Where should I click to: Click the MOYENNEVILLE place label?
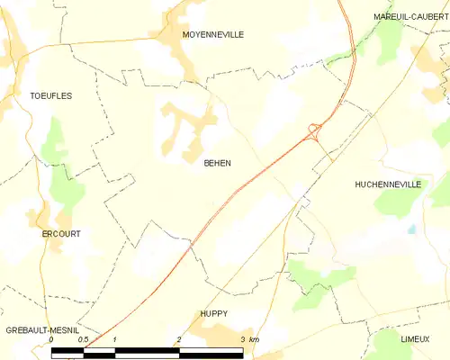pyautogui.click(x=212, y=34)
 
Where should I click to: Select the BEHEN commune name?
pyautogui.click(x=217, y=163)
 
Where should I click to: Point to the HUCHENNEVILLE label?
pyautogui.click(x=388, y=184)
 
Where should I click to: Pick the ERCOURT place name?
pyautogui.click(x=61, y=234)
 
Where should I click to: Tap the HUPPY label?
pyautogui.click(x=213, y=313)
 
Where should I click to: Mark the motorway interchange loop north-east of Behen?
pyautogui.click(x=314, y=130)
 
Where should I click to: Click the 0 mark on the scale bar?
pyautogui.click(x=51, y=340)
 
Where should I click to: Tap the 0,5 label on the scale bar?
pyautogui.click(x=82, y=340)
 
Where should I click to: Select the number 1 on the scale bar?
pyautogui.click(x=115, y=340)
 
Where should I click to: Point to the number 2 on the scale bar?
pyautogui.click(x=179, y=340)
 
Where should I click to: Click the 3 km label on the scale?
pyautogui.click(x=249, y=340)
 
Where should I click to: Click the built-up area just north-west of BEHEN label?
pyautogui.click(x=184, y=126)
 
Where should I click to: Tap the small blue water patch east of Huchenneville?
pyautogui.click(x=411, y=229)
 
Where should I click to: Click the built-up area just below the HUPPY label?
pyautogui.click(x=216, y=335)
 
